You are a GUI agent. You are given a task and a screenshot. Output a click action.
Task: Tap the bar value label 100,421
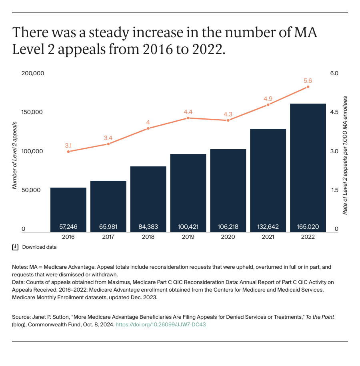(x=188, y=227)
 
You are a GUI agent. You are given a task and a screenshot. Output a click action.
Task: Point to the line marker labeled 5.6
(x=308, y=87)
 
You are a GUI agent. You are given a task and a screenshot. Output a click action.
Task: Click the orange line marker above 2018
(x=148, y=128)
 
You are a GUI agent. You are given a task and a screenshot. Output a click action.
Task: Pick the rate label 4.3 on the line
(x=228, y=114)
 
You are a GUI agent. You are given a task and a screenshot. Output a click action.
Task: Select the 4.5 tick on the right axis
(x=334, y=112)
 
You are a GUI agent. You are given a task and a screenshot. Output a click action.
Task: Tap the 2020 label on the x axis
(x=228, y=237)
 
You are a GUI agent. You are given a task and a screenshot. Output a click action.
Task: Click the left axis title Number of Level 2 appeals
(x=14, y=151)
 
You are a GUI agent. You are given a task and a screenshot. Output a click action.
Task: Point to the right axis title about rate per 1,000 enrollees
(x=344, y=155)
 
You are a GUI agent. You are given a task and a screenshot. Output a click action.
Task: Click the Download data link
(x=39, y=247)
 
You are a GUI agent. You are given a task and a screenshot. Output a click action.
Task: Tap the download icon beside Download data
(x=16, y=247)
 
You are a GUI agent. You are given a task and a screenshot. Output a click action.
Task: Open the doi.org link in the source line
(x=160, y=325)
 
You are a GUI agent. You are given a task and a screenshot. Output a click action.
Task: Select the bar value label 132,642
(x=268, y=227)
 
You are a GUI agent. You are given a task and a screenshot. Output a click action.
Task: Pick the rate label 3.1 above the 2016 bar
(x=68, y=146)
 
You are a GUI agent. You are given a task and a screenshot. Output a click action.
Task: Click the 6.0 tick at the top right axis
(x=334, y=74)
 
